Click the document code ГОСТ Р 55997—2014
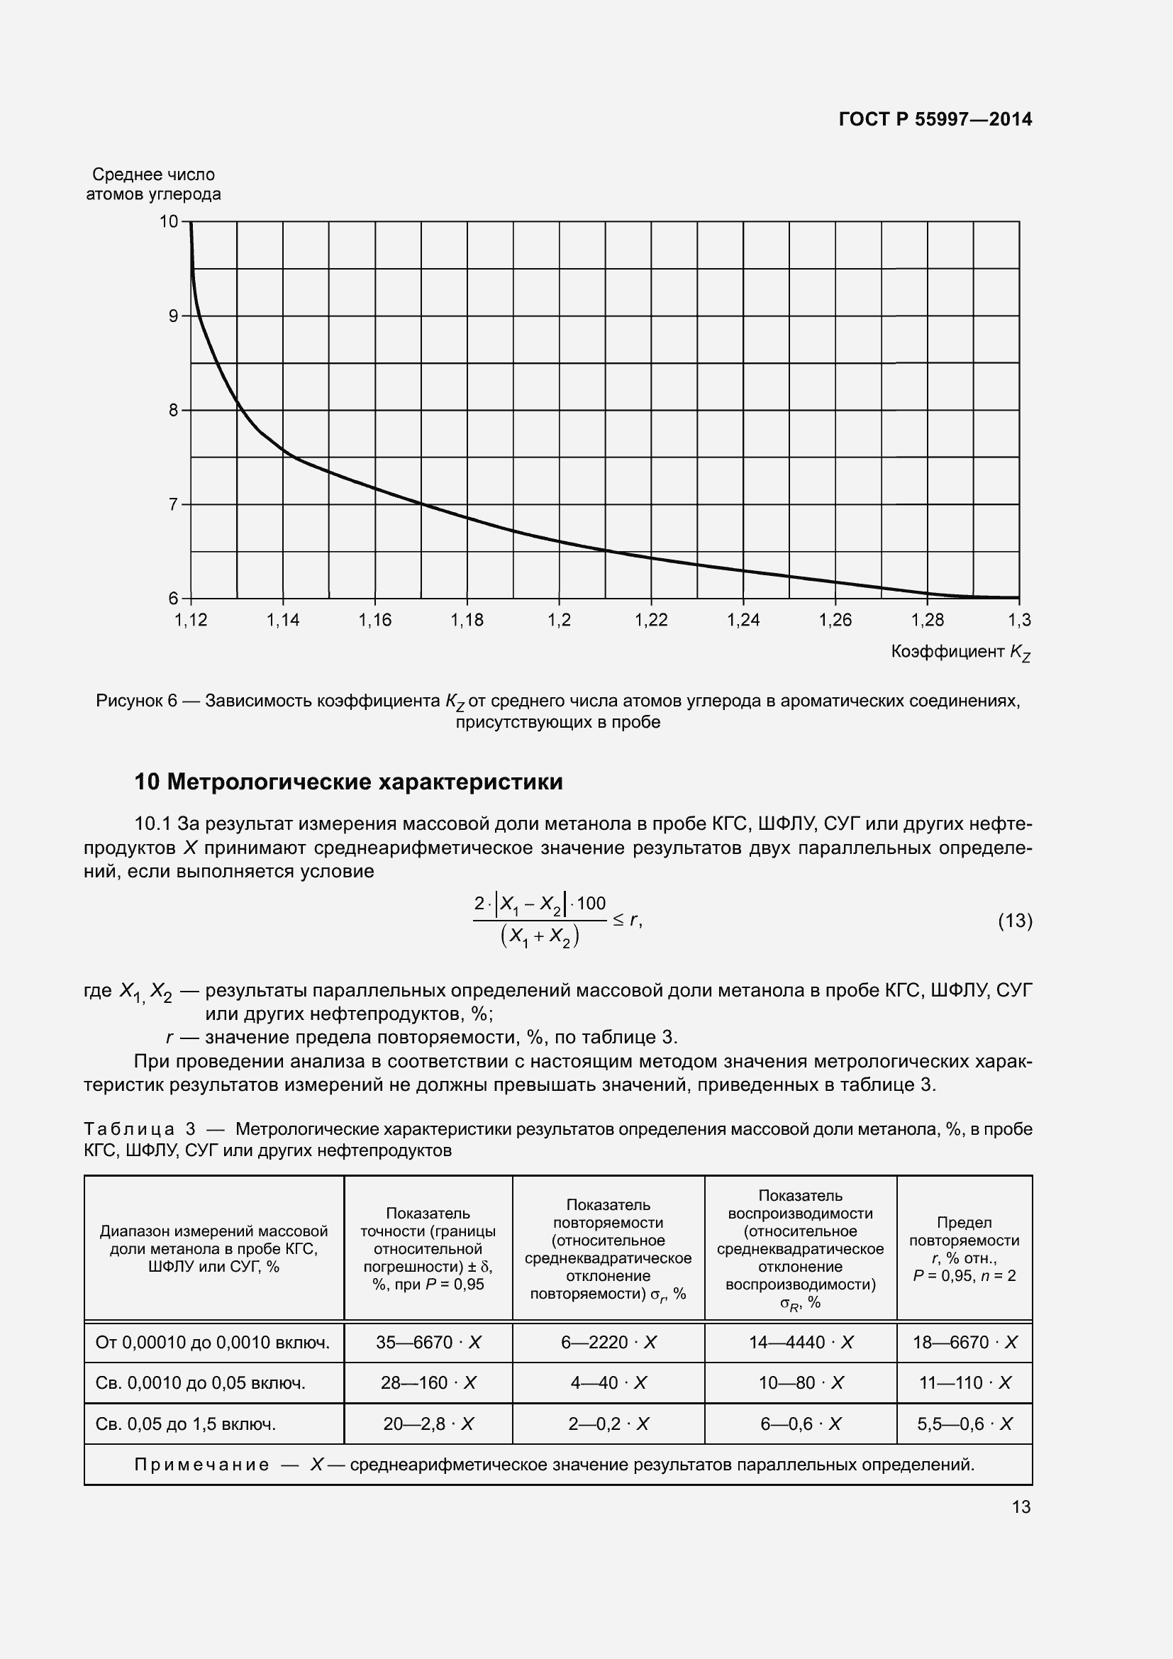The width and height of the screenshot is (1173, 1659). tap(935, 119)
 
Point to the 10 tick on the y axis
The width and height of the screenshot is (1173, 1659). tap(169, 222)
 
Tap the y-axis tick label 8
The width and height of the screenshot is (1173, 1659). tap(173, 411)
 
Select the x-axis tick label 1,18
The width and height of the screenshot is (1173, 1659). tap(467, 620)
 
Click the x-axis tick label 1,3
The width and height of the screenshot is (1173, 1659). tap(1019, 620)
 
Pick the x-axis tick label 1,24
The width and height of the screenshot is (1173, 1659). tap(743, 620)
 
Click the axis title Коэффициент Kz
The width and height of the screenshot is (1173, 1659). tap(960, 653)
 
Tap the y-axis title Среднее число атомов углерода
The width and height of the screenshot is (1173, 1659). tap(153, 184)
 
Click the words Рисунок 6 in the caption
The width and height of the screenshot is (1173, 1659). tap(136, 701)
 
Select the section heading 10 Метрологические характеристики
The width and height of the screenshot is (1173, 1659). tap(349, 782)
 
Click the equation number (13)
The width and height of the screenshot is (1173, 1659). tap(1015, 921)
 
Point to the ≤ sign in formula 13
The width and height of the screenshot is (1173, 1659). tap(619, 920)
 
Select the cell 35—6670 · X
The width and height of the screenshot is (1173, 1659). tap(428, 1343)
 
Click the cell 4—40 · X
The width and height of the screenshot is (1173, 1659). tap(608, 1383)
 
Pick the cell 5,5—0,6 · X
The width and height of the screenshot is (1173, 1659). tap(964, 1424)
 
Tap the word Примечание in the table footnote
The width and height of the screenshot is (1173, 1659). tap(201, 1465)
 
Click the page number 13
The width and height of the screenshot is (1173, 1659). tap(1021, 1507)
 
